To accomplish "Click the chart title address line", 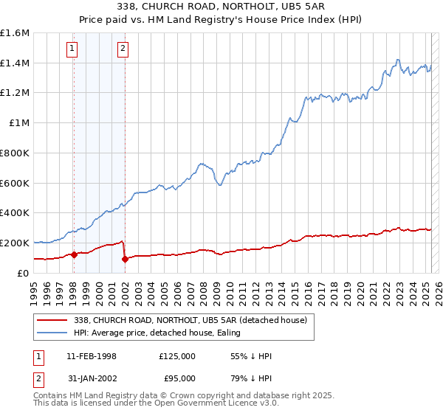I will [221, 6].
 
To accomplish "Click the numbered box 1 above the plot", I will [72, 49].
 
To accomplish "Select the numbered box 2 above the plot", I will [123, 49].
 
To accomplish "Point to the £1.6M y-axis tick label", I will [15, 33].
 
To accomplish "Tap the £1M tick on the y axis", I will [19, 123].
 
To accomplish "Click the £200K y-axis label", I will [15, 243].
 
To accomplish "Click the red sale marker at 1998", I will [74, 254].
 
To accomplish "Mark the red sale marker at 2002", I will [125, 259].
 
